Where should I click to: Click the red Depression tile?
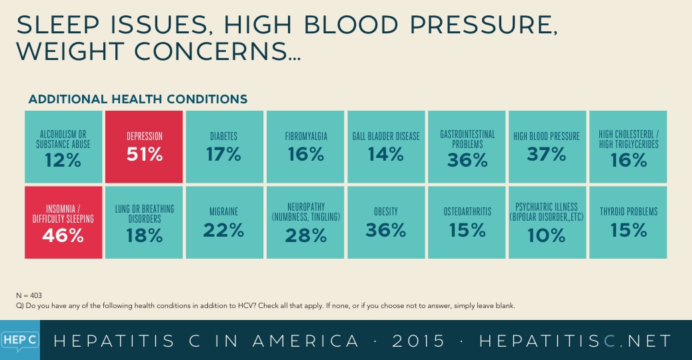point(144,147)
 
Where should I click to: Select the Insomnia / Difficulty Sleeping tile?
point(63,223)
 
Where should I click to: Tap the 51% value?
point(145,155)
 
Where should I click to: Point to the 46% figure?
point(64,235)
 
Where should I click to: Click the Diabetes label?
point(224,136)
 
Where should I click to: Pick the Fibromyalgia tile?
point(305,147)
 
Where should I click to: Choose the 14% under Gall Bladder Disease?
point(386,155)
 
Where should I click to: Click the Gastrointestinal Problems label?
point(467,139)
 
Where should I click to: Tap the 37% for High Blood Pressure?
point(547,155)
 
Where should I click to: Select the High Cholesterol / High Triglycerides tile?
point(628,147)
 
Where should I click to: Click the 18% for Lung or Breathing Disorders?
point(144,235)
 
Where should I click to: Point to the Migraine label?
point(224,212)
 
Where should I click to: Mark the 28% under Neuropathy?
point(305,235)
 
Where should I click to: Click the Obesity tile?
point(386,223)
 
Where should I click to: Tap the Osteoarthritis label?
point(467,212)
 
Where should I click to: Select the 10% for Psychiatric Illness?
point(547,235)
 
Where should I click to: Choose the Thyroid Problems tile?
point(628,223)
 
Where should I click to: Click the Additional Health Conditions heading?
point(138,99)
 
